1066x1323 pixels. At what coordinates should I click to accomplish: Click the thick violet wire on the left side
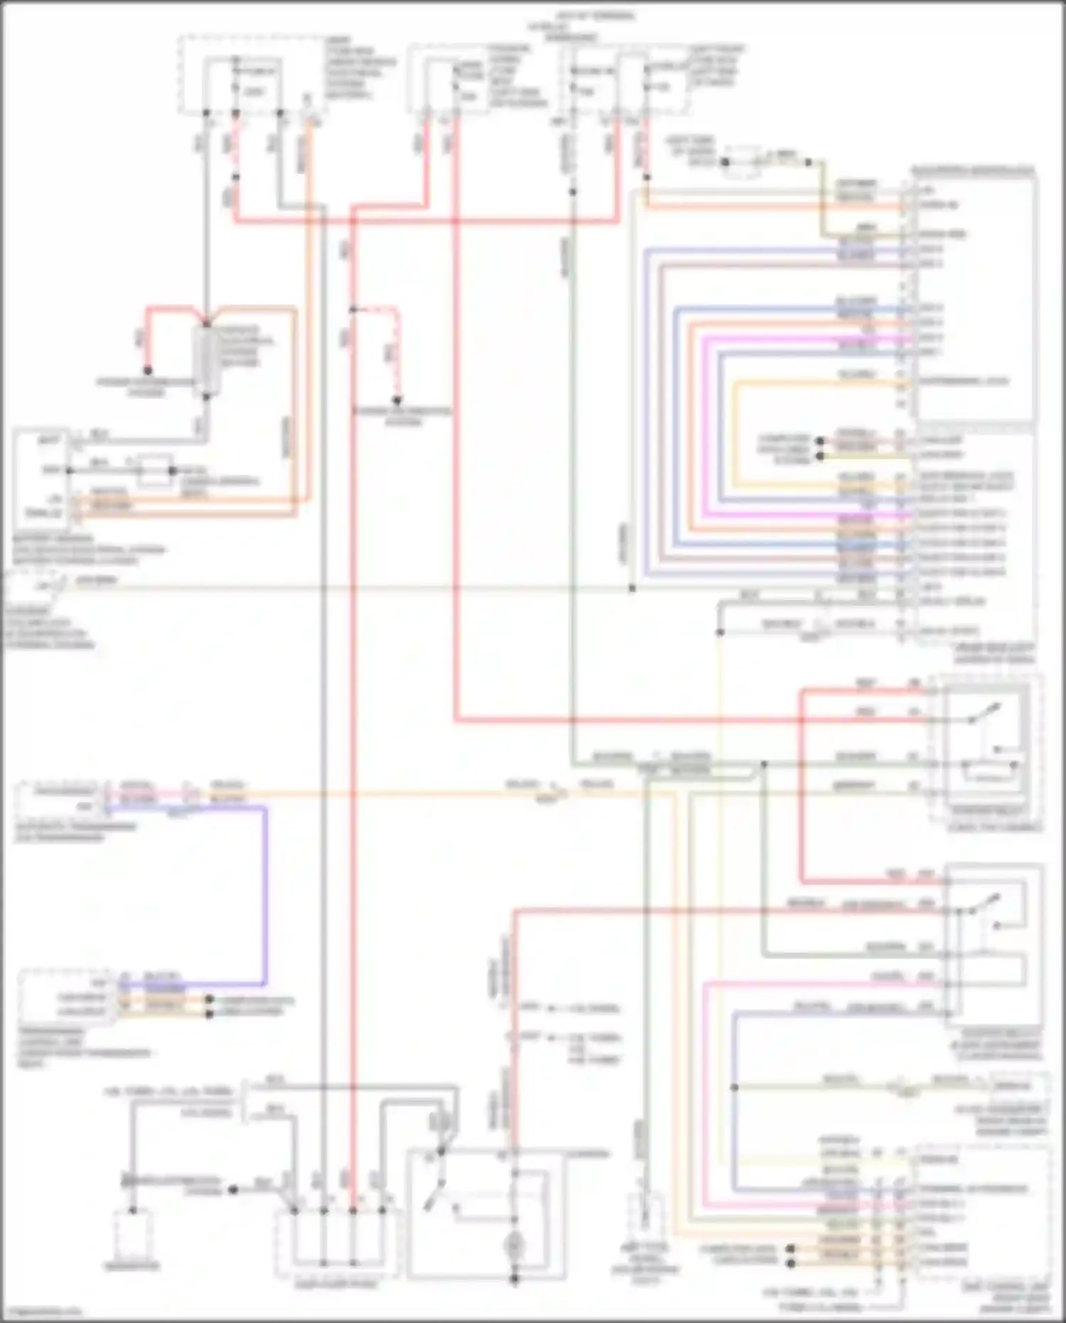pyautogui.click(x=266, y=896)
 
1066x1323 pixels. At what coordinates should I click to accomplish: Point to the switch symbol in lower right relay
pyautogui.click(x=984, y=904)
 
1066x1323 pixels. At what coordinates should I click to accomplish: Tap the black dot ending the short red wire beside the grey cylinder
pyautogui.click(x=148, y=370)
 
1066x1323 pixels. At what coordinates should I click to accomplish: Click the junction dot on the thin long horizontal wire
pyautogui.click(x=632, y=589)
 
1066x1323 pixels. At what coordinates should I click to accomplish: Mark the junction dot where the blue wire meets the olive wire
pyautogui.click(x=734, y=1087)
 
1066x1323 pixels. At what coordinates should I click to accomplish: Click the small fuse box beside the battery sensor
pyautogui.click(x=155, y=470)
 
